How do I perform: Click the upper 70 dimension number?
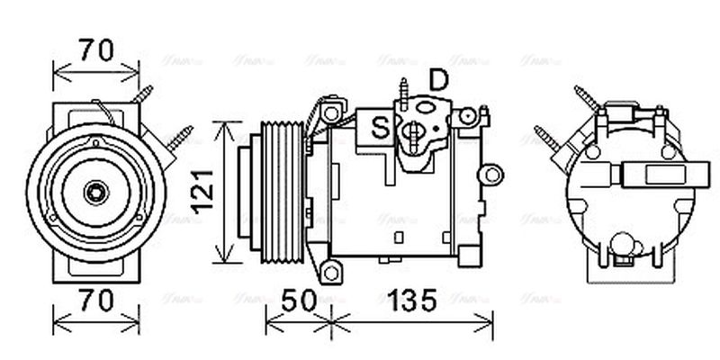click(96, 51)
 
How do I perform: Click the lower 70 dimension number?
click(96, 301)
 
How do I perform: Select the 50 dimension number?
click(297, 301)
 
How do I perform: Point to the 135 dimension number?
click(412, 301)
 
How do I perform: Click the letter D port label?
click(438, 81)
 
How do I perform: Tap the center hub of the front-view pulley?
click(94, 192)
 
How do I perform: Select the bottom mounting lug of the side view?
click(331, 269)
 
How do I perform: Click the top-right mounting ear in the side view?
click(465, 117)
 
